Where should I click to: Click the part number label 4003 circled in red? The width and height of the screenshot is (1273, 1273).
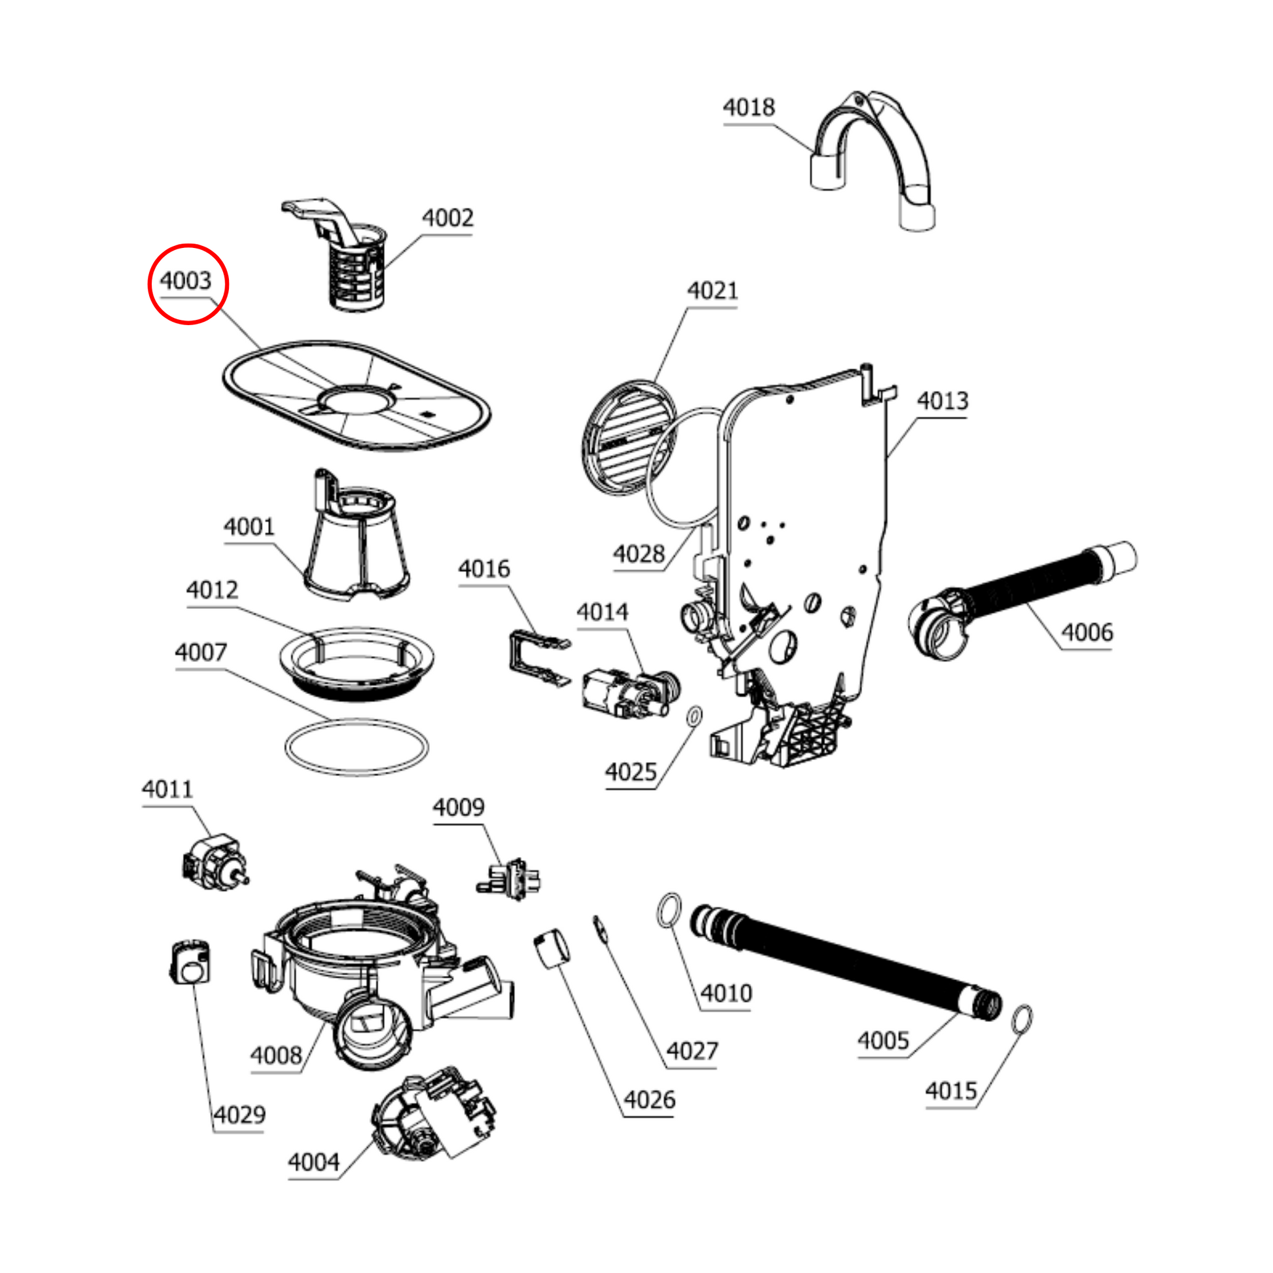(186, 281)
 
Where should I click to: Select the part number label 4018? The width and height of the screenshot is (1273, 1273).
(748, 107)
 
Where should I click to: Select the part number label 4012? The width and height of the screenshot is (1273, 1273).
(212, 589)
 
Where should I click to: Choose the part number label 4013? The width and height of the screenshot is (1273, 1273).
(942, 400)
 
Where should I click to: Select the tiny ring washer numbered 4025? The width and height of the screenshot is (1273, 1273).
(695, 715)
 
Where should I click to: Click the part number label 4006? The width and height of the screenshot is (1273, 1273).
(1087, 633)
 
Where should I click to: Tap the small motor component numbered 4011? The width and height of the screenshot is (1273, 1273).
(212, 860)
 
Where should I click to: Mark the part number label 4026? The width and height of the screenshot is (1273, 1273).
(649, 1100)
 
